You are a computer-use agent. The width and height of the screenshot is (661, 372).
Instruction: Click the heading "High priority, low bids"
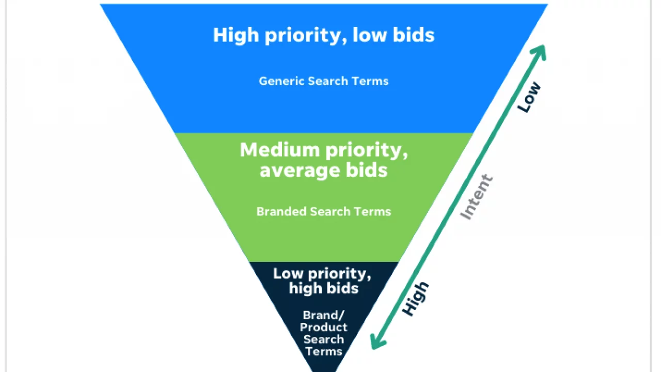click(324, 35)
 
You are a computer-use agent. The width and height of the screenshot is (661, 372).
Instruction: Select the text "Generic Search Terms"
click(324, 81)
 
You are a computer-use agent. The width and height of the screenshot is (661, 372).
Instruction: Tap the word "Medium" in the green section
click(279, 150)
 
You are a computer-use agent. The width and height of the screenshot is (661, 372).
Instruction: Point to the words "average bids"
click(324, 170)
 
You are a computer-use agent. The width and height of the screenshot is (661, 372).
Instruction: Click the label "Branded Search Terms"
click(324, 211)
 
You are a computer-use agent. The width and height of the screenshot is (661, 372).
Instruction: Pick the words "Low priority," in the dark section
click(322, 274)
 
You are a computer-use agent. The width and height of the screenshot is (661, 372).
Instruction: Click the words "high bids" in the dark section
click(324, 288)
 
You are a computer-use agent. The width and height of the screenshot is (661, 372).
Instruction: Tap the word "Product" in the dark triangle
click(324, 327)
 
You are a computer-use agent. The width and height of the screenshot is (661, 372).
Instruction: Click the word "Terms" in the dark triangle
click(324, 351)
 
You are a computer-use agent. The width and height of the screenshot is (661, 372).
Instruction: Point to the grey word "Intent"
click(476, 197)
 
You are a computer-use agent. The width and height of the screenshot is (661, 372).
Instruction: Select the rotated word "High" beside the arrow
click(416, 299)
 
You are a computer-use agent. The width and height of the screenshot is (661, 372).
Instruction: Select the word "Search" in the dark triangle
click(324, 339)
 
